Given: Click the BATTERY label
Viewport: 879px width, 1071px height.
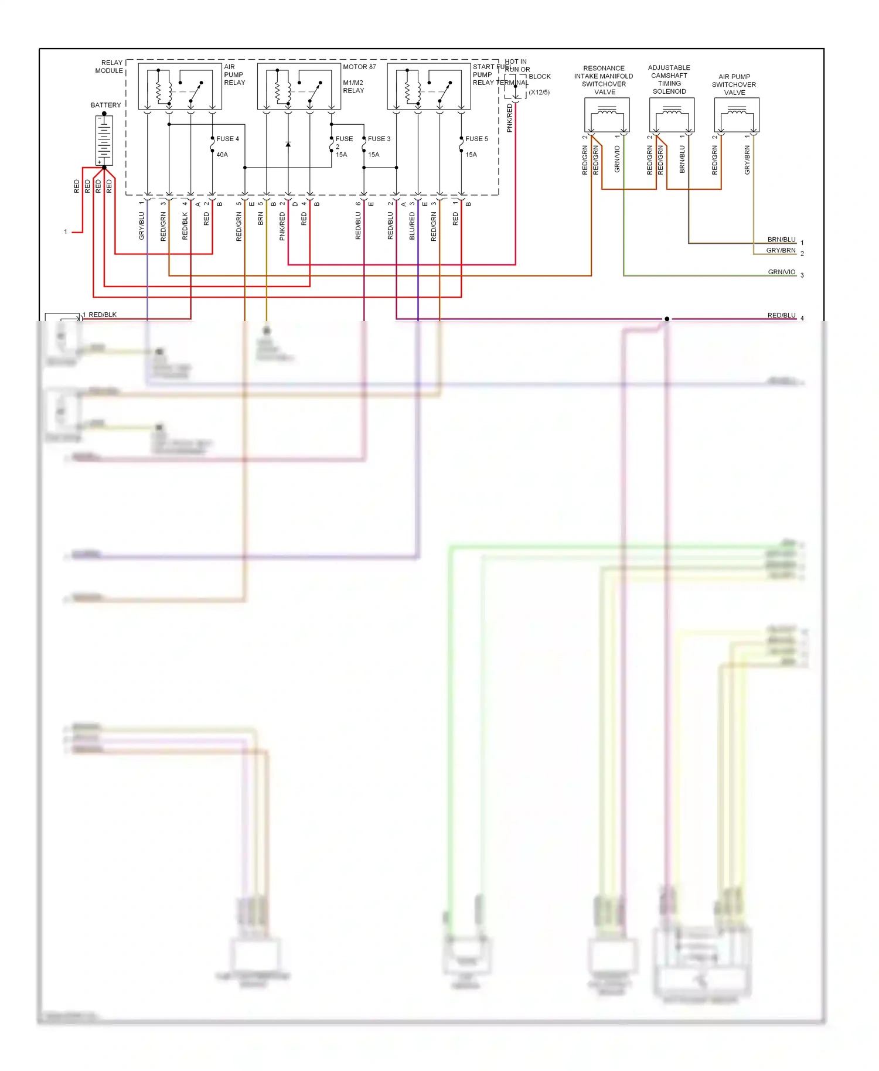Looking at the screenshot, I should (x=105, y=105).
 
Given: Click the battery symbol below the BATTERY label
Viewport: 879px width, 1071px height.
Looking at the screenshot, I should (x=104, y=140).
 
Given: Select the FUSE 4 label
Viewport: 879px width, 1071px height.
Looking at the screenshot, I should (x=227, y=139).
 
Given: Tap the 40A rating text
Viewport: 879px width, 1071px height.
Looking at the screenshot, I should (x=222, y=155).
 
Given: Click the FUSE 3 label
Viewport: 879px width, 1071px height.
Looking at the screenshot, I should (x=379, y=139).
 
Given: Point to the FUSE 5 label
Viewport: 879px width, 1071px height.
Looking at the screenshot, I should (x=476, y=139).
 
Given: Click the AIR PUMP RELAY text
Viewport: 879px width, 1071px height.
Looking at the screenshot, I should (x=234, y=74).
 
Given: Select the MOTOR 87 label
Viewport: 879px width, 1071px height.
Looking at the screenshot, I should (x=359, y=67).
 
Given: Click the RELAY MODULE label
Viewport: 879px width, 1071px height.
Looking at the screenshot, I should (x=110, y=66).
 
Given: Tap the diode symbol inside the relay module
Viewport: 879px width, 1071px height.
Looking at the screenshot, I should (x=288, y=144).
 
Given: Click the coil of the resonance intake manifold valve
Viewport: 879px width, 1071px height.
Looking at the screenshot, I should (x=607, y=111).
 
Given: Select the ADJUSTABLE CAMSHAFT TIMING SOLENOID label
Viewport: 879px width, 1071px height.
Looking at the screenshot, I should (x=669, y=79).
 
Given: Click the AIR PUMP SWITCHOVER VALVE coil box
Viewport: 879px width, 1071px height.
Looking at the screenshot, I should (x=737, y=115).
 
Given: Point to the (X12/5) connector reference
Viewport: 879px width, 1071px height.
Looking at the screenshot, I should (x=539, y=93).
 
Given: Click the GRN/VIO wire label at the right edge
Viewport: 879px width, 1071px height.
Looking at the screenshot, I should (x=781, y=272).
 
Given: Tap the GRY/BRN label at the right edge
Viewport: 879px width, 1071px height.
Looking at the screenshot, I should (x=781, y=250).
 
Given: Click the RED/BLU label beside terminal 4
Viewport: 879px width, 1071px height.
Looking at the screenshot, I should (x=781, y=315).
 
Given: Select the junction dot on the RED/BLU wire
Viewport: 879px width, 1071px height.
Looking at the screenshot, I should (x=666, y=319).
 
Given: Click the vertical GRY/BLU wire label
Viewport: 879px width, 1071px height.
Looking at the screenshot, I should (x=141, y=226).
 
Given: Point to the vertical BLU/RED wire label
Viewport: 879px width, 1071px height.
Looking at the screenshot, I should (x=412, y=226).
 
